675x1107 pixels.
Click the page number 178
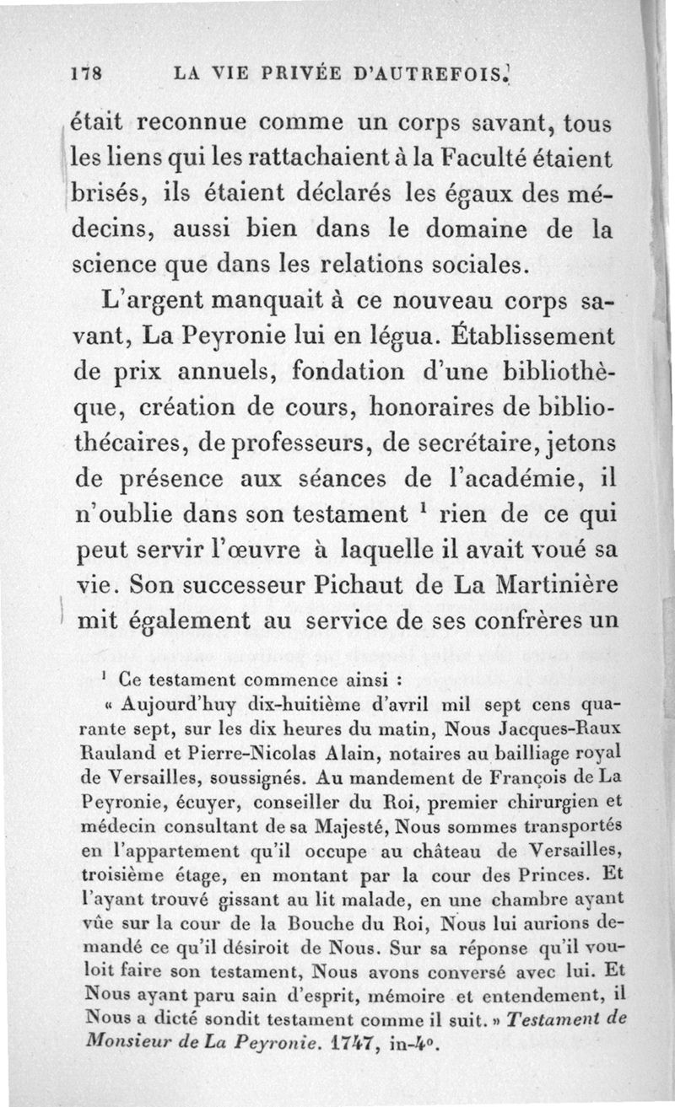[x=85, y=73]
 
